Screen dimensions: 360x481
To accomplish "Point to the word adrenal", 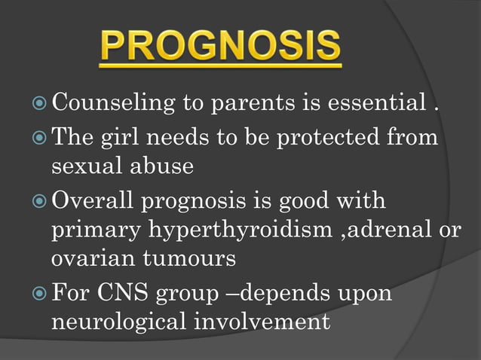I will [x=392, y=230].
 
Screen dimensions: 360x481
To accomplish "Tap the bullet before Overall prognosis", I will [x=40, y=202].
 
